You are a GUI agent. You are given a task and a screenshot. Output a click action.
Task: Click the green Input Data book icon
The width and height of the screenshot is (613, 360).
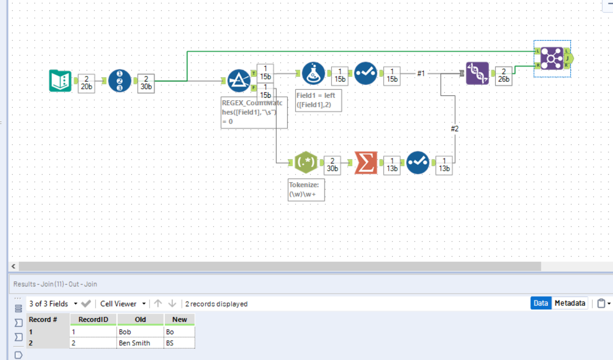pos(60,81)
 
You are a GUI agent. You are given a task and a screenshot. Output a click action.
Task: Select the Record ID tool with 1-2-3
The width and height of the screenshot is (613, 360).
pos(120,81)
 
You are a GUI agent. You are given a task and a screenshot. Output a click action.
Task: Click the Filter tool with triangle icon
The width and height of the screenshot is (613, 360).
pos(239,81)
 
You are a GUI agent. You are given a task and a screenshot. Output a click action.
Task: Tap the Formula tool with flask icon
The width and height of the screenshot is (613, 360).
pos(313,73)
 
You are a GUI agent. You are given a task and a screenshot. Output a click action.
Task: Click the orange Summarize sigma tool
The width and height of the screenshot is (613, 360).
pos(366,162)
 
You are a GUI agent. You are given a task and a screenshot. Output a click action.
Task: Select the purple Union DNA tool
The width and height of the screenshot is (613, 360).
pos(477,73)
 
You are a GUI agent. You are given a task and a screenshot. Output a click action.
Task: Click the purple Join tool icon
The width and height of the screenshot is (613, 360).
pos(551,59)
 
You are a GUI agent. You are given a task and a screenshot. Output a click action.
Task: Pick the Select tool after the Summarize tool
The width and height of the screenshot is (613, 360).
pos(418,162)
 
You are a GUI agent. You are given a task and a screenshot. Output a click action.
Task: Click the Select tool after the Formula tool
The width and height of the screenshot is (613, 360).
pos(366,73)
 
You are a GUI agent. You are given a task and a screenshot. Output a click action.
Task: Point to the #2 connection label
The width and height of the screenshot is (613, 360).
pos(455,129)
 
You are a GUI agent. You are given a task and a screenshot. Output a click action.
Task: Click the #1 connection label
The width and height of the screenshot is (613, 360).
pos(421,73)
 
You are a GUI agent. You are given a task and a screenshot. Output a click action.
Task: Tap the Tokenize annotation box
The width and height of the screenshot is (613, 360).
pos(306,190)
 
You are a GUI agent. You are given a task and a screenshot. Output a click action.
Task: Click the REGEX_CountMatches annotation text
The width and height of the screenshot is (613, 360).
pos(253,112)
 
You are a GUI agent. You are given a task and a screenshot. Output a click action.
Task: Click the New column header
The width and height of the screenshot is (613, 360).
pos(179,319)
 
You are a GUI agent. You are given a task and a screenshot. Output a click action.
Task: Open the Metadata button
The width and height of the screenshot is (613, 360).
pos(570,303)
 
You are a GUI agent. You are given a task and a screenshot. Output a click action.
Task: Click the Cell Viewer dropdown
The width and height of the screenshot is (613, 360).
pos(123,303)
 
